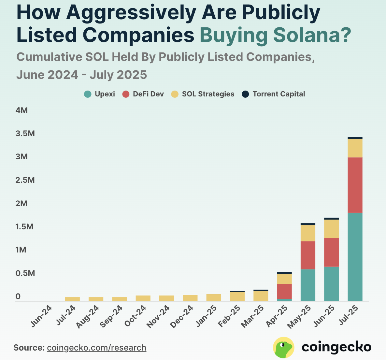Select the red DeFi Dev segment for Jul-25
click(355, 185)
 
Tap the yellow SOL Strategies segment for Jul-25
click(355, 148)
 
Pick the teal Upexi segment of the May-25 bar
click(308, 285)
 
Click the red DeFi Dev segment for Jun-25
click(331, 252)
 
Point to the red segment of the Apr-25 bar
click(284, 291)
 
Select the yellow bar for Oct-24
click(143, 298)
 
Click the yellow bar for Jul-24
click(72, 299)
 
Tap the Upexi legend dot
click(88, 94)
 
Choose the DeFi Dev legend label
click(148, 94)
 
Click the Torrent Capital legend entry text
click(279, 94)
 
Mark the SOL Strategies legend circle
click(175, 94)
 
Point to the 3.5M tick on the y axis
click(25, 134)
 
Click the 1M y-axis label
click(21, 250)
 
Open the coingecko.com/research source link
click(96, 348)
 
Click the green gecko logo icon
click(283, 347)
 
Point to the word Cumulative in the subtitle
click(49, 57)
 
